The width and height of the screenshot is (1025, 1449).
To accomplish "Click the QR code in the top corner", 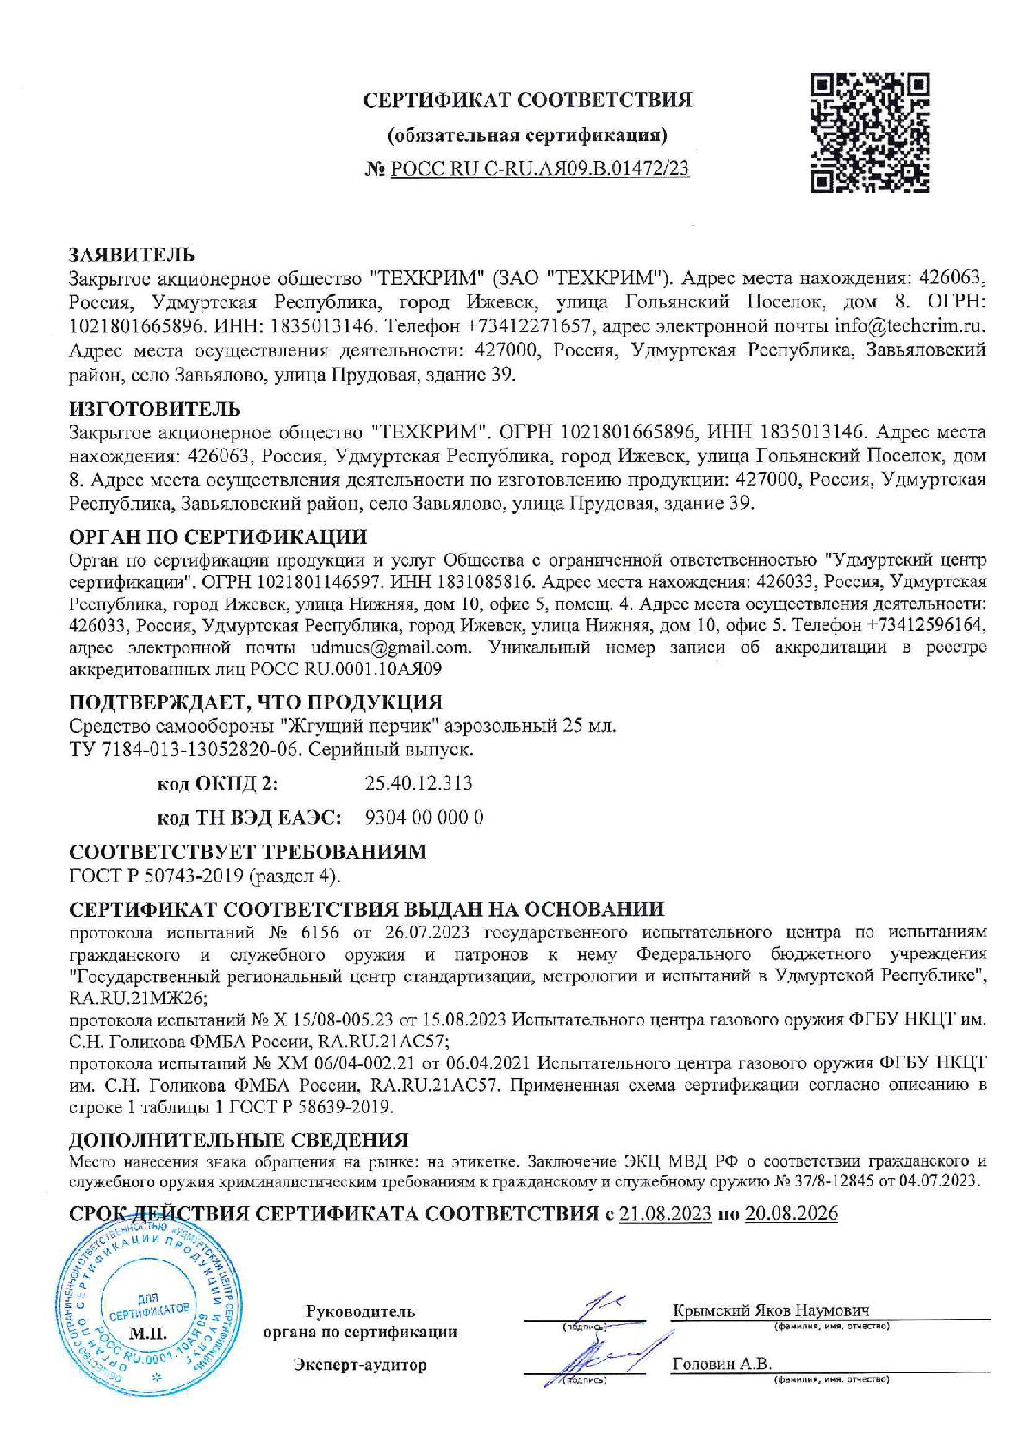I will [871, 133].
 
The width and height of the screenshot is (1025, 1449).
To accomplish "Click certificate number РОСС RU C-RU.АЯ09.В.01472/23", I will [540, 170].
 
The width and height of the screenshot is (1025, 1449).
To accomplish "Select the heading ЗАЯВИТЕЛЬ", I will [131, 254].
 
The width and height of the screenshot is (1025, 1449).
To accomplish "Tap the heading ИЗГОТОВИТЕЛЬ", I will [155, 408].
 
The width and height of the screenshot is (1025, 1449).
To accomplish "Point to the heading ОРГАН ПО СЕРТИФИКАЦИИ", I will [218, 537].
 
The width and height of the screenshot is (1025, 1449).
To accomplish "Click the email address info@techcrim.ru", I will [909, 326].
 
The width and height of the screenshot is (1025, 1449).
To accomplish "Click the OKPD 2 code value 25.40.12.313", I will [419, 783].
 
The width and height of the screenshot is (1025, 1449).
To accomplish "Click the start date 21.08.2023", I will [665, 1213].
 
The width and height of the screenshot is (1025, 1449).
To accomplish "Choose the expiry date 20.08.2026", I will [792, 1213].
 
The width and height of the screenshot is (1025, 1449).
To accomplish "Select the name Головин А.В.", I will [721, 1364].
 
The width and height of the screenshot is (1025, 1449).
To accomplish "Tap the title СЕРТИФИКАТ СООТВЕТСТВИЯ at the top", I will [527, 100].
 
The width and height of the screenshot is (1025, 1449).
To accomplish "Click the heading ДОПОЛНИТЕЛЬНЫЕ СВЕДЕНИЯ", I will [239, 1140].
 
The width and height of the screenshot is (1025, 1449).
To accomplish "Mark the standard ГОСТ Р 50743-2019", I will [158, 876].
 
